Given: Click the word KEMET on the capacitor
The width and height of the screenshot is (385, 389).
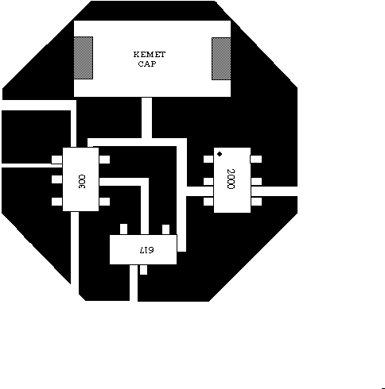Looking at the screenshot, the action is pos(150,55).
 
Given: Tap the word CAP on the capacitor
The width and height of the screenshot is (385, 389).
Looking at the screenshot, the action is pos(147,64).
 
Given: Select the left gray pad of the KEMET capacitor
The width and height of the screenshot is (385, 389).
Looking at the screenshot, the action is pos(84,58).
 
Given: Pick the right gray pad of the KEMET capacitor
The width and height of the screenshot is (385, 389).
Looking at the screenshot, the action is pos(221,59).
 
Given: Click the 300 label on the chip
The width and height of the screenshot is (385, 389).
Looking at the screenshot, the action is pos(82,182).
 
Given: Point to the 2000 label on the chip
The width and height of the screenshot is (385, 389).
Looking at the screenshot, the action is pos(231,179).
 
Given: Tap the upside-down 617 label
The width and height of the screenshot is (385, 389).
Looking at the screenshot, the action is pos(146,250).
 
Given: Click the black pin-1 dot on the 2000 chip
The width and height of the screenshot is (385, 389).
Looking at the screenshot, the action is pos(220,154).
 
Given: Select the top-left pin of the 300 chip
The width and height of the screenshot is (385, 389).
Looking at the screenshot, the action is pos(56,160).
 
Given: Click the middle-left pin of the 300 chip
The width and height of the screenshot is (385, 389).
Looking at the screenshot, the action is pos(56,179).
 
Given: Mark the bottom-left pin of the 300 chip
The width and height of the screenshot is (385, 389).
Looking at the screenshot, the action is pos(56,202).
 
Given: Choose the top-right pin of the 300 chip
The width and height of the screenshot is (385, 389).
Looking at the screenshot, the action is pos(104,160).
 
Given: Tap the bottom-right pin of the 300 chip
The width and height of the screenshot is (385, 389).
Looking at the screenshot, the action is pos(104,202).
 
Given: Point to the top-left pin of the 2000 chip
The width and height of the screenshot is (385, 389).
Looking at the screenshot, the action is pos(208,159).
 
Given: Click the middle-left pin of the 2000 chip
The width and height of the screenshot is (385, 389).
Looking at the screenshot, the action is pos(208,182).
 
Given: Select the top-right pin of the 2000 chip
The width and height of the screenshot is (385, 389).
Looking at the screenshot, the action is pos(256,159).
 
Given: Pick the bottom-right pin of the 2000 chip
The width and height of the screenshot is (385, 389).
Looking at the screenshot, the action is pos(256,202).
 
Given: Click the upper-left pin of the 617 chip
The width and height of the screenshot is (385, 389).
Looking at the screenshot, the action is pos(123,229).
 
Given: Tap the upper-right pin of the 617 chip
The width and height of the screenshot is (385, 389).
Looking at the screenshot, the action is pos(166,229).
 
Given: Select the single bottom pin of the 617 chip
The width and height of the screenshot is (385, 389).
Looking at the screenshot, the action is pos(143,270).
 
